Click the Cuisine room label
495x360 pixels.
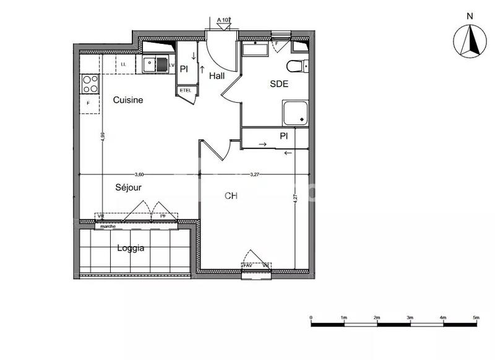point(128,100)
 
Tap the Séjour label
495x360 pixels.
point(129,186)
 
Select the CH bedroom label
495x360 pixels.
point(231,195)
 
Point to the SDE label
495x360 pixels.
point(279,85)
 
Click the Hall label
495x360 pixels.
point(217,76)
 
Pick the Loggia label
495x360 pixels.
point(131,248)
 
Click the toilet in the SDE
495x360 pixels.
point(296,66)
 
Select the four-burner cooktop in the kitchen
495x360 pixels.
point(90,83)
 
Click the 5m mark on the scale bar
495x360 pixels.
point(476,317)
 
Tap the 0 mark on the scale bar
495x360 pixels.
point(311,317)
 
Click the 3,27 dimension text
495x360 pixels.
point(254,174)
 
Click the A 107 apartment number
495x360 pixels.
point(223,21)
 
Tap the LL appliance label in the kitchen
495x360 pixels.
point(124,64)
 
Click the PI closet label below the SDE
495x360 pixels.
point(284,135)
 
